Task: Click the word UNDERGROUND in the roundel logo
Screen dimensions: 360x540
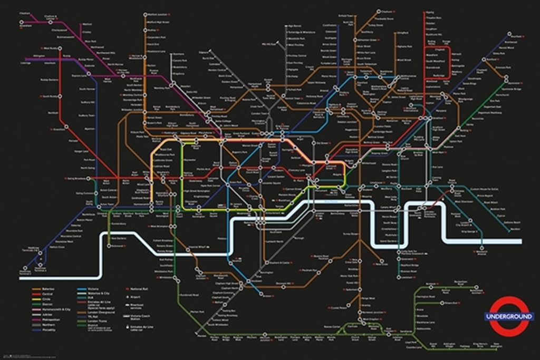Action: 508,316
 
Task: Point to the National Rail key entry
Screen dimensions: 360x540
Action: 139,289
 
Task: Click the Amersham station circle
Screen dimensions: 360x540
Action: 22,22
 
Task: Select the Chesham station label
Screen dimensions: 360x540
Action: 24,13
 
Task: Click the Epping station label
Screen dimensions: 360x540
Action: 430,12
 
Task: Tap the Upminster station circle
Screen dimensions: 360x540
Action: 507,83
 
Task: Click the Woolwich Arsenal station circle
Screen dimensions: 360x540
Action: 481,248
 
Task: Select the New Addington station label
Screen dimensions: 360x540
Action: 489,346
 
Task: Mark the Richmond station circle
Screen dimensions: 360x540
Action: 109,246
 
